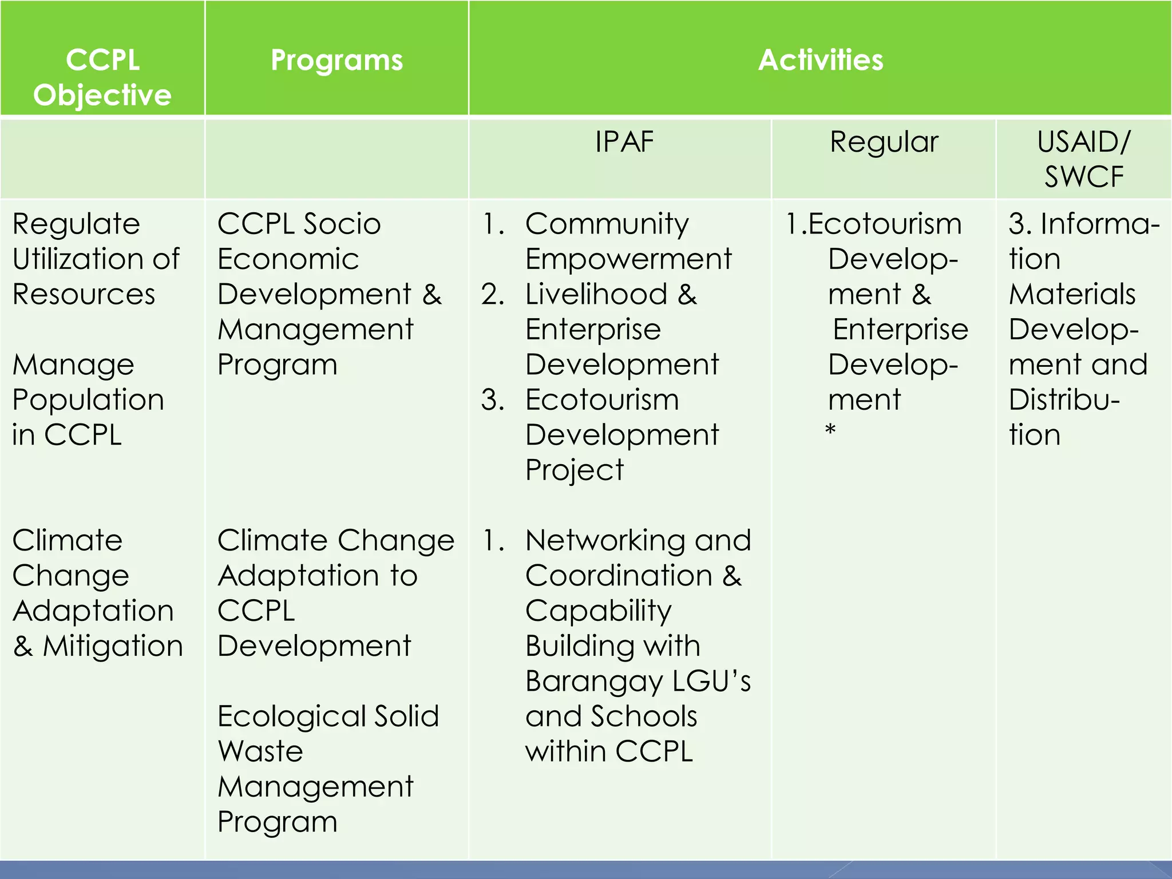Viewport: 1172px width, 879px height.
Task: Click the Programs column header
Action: pos(336,60)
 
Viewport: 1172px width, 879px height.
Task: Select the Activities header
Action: pos(820,60)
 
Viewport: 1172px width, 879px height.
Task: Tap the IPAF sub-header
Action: pos(624,142)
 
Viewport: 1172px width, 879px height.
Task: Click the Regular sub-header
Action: pos(884,142)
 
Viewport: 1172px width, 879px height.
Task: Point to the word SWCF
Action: pos(1083,176)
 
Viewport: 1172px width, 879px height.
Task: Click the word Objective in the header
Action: pos(102,95)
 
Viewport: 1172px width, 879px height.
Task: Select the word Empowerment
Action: pos(628,259)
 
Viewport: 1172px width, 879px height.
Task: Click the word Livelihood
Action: pos(596,294)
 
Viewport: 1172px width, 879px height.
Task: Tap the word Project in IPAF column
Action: pos(574,470)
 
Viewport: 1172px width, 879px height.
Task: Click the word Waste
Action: pos(260,751)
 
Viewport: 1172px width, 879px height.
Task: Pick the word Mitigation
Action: pos(113,646)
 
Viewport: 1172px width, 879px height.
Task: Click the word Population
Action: pos(88,399)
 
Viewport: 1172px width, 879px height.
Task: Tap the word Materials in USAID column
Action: pos(1071,294)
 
